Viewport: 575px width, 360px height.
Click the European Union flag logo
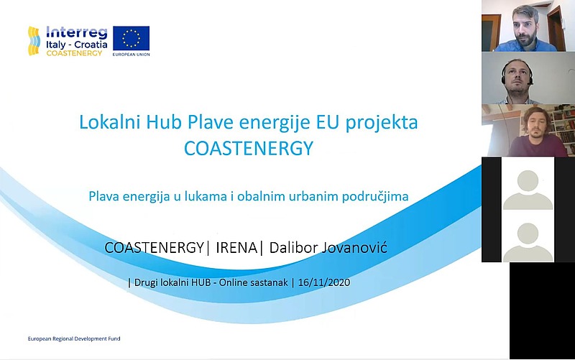point(131,38)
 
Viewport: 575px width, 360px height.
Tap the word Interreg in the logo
point(77,32)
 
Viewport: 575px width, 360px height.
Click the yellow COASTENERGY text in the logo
point(74,53)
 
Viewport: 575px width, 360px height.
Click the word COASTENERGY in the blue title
point(249,149)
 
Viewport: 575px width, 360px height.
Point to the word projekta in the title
point(382,123)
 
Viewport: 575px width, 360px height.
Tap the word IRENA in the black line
point(236,248)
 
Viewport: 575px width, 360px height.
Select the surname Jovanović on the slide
point(354,248)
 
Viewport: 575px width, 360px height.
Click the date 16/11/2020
point(324,282)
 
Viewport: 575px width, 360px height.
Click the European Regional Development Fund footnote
point(74,338)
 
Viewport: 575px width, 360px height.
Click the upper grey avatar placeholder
point(528,190)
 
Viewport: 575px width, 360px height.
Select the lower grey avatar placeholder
point(528,242)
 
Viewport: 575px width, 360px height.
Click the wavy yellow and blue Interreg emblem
point(34,41)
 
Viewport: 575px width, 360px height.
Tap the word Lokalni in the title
point(110,122)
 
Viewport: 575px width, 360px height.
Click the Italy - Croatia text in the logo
point(77,45)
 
